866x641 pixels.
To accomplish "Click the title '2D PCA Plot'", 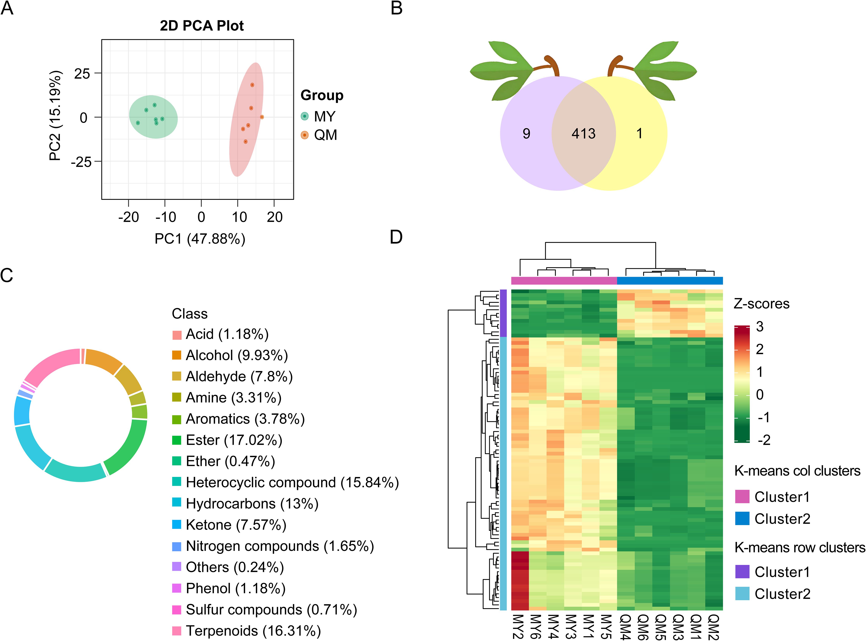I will tap(202, 26).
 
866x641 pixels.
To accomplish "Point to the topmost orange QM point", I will tap(252, 85).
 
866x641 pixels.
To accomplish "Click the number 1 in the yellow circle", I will tap(639, 134).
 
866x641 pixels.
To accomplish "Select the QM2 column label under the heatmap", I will tap(714, 625).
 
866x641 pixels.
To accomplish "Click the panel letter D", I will tap(396, 237).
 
